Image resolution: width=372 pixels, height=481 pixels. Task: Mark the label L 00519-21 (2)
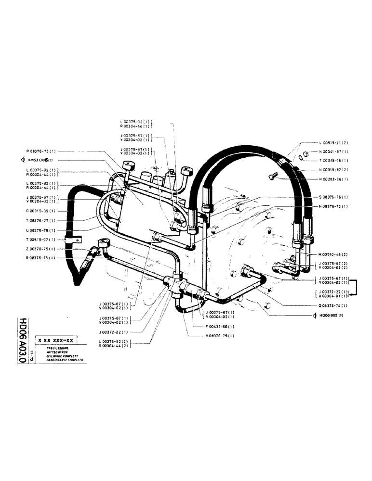tap(337, 143)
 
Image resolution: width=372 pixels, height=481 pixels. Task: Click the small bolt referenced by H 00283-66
tap(272, 177)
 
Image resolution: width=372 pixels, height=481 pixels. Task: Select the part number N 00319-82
tap(337, 170)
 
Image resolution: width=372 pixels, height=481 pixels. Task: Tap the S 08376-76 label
tap(337, 197)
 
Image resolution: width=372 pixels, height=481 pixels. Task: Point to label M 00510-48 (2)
tap(337, 254)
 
